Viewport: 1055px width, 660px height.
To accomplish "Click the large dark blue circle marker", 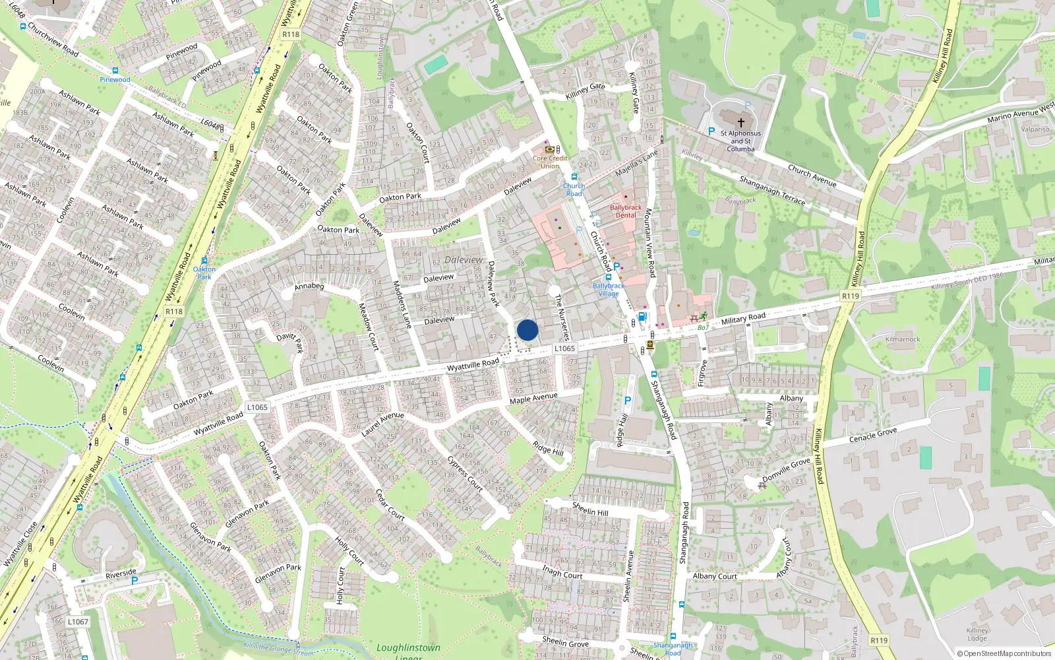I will [527, 330].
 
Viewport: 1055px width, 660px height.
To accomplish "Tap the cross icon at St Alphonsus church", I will [741, 122].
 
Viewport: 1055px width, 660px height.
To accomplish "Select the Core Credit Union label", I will [550, 162].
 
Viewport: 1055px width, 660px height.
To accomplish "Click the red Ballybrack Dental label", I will [626, 211].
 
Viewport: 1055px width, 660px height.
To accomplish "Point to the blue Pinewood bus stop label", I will [115, 80].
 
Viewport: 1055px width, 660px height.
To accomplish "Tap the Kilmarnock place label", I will [903, 339].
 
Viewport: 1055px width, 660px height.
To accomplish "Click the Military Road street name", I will [743, 319].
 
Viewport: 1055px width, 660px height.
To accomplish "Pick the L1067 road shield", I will [78, 622].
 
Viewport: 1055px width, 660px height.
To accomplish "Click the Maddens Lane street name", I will [402, 305].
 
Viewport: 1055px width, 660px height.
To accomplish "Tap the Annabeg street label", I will [309, 286].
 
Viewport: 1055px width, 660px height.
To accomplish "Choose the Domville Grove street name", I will [786, 469].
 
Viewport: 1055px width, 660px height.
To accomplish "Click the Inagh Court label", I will [562, 572].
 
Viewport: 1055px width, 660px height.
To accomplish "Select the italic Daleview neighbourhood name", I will [464, 260].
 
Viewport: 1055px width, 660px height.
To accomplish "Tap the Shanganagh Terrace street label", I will [772, 190].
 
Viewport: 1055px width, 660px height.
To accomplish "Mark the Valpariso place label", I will [1035, 129].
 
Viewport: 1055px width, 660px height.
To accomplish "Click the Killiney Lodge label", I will [977, 634].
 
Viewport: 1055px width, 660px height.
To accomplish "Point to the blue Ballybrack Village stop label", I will [608, 290].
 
